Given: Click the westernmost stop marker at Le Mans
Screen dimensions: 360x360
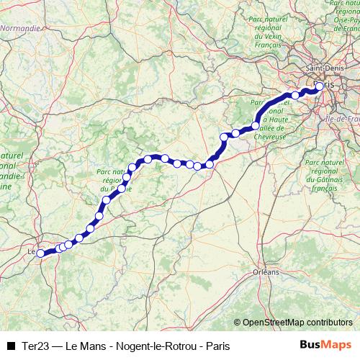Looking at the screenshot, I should (x=40, y=253).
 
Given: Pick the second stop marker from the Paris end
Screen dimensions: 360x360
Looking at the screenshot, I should (x=295, y=95).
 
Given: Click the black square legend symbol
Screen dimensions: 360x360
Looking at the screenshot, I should (x=11, y=346).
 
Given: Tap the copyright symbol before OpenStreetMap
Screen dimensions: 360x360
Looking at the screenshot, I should (x=238, y=322).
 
